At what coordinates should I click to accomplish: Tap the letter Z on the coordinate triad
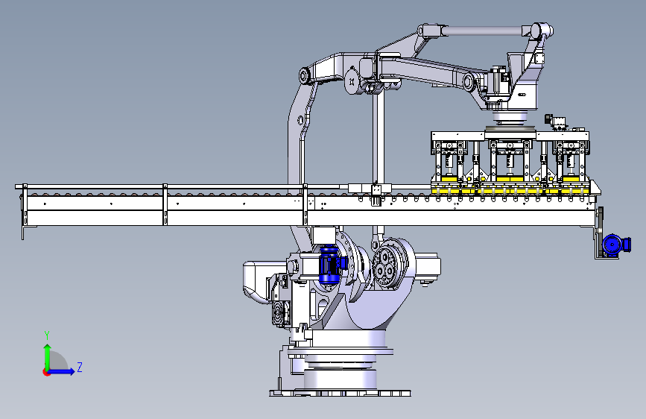click(80, 367)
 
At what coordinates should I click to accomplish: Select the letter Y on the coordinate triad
click(47, 335)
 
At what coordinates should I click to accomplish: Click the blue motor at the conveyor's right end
click(615, 244)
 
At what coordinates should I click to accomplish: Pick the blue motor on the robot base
click(331, 265)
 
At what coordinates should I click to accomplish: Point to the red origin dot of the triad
click(46, 372)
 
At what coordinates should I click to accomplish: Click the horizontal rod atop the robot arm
click(485, 30)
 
